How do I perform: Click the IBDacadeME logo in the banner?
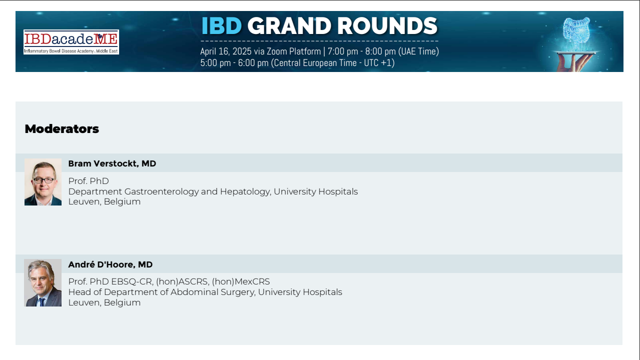(x=71, y=42)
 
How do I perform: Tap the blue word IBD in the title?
(x=222, y=26)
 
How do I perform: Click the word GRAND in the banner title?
(x=289, y=26)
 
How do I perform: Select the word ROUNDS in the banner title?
(x=387, y=26)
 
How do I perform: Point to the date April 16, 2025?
(x=226, y=51)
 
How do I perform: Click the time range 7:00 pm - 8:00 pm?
(x=362, y=51)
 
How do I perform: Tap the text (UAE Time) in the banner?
(x=419, y=51)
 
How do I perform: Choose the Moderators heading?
(x=62, y=129)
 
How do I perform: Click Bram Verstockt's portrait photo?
(x=43, y=182)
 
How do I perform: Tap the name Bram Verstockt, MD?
(x=112, y=163)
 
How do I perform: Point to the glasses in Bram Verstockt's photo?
(x=44, y=180)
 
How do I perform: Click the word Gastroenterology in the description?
(x=162, y=191)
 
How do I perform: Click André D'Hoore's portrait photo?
(x=43, y=282)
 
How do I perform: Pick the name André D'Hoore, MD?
(x=110, y=264)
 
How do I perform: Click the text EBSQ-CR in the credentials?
(x=132, y=281)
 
